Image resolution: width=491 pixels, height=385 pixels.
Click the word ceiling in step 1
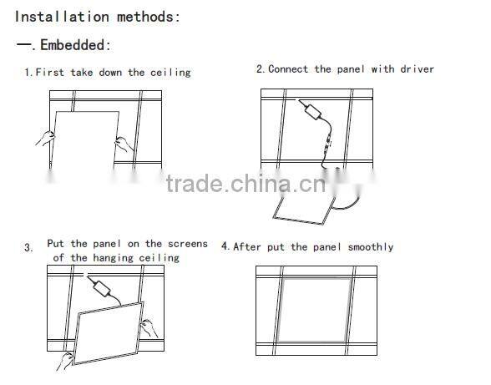170,73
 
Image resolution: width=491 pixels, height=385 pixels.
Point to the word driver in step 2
416,68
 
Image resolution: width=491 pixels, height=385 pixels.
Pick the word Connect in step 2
288,68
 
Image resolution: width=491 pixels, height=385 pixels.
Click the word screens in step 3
187,244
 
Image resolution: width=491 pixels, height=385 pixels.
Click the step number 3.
28,248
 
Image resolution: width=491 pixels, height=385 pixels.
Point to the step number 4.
225,247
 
